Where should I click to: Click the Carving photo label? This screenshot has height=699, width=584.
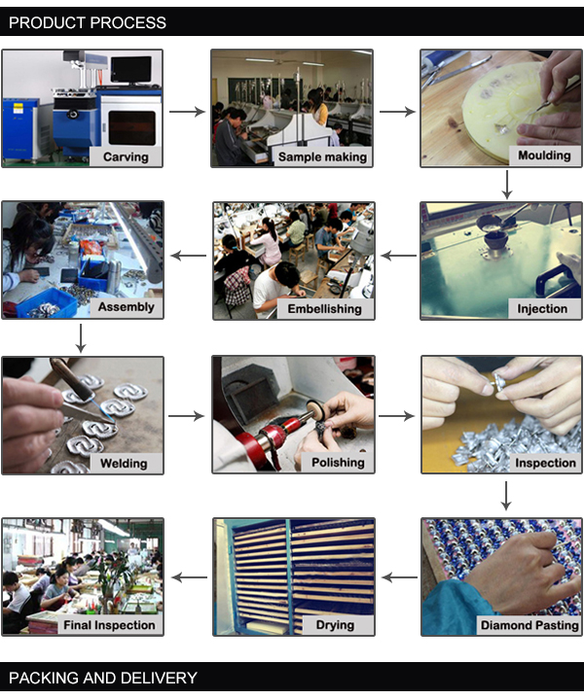(126, 157)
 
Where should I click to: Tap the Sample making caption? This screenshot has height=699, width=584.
(322, 157)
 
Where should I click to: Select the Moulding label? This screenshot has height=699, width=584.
(544, 156)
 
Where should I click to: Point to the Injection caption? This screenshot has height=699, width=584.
(542, 309)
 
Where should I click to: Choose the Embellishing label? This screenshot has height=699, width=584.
(324, 309)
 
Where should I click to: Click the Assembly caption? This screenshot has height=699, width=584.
(127, 307)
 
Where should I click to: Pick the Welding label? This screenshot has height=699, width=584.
(124, 464)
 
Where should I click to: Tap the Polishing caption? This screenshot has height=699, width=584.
(338, 463)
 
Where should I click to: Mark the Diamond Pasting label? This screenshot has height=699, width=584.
(529, 625)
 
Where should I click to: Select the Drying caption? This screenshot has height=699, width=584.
(335, 625)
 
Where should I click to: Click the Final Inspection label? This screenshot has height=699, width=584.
(109, 625)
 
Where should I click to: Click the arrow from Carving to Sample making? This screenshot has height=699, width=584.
(187, 112)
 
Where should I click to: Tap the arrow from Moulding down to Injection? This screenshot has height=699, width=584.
(507, 185)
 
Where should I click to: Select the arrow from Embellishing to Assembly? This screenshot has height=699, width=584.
(189, 256)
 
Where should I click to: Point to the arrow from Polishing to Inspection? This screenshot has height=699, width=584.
(396, 416)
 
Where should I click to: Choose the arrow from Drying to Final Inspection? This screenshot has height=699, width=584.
(189, 577)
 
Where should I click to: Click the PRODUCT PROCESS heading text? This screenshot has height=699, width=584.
(88, 22)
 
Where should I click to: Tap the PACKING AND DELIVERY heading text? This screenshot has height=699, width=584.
(103, 678)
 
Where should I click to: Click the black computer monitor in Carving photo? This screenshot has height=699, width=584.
(130, 70)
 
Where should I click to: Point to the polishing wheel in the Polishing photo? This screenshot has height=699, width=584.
(315, 409)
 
